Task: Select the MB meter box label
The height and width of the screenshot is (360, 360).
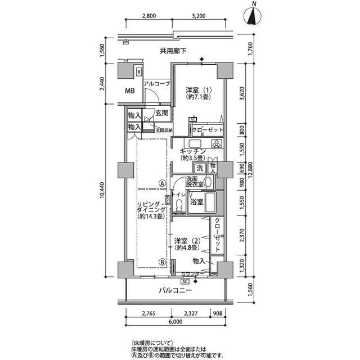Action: click(129, 91)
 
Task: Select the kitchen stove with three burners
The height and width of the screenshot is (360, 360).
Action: click(217, 143)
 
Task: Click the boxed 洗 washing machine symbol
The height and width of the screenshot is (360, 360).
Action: click(199, 168)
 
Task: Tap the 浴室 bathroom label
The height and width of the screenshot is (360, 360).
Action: click(197, 201)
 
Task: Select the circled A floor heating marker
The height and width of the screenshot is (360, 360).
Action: click(161, 183)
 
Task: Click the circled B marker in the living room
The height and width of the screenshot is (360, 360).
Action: click(161, 261)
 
